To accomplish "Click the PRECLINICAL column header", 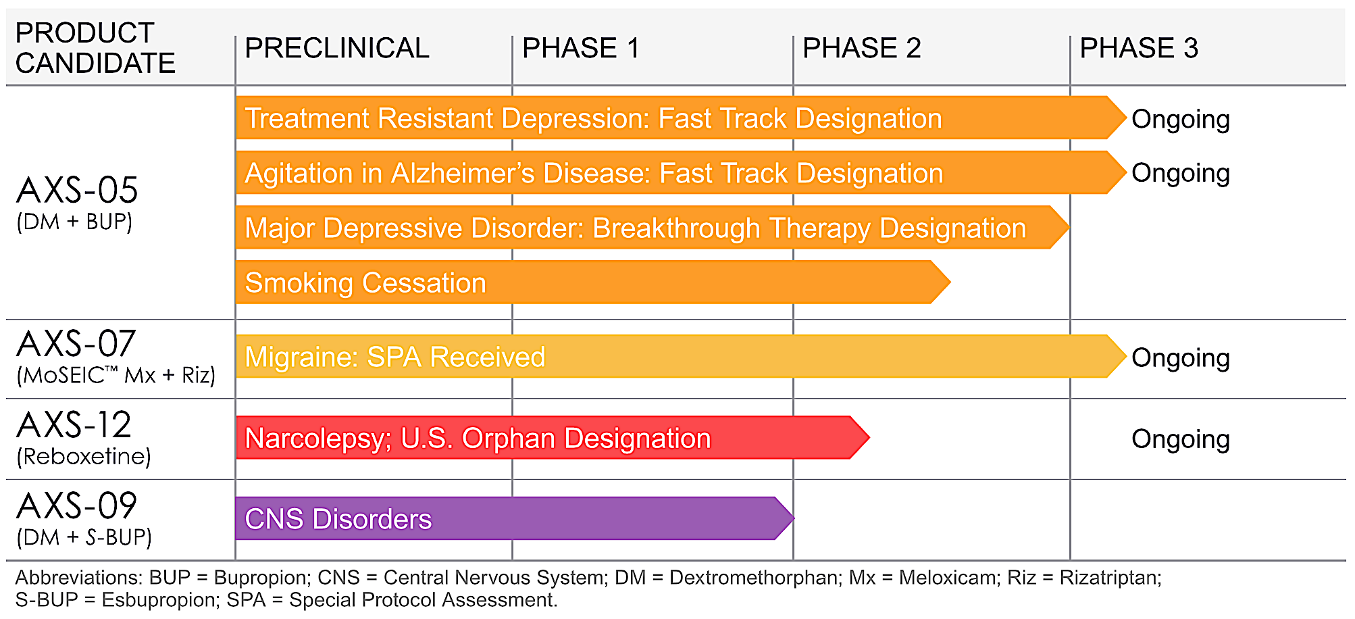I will [336, 49].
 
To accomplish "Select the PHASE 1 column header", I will [580, 49].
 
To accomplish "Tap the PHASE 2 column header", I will [861, 49].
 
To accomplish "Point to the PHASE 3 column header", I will [1139, 49].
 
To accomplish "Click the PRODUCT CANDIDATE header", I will [95, 48].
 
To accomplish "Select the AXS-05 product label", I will [77, 191].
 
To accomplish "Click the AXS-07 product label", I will [76, 344].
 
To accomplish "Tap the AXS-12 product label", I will [74, 425].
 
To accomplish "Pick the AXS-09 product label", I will [76, 506].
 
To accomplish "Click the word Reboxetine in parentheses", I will [84, 457].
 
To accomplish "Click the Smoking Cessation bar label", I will [365, 283].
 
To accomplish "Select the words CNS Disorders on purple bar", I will [338, 520].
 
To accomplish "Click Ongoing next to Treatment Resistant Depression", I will [1180, 119].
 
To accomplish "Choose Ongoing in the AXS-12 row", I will [1180, 439].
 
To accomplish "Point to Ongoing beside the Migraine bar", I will [1180, 358].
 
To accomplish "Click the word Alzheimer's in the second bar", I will [463, 174].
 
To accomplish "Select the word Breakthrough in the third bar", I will [675, 228].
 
